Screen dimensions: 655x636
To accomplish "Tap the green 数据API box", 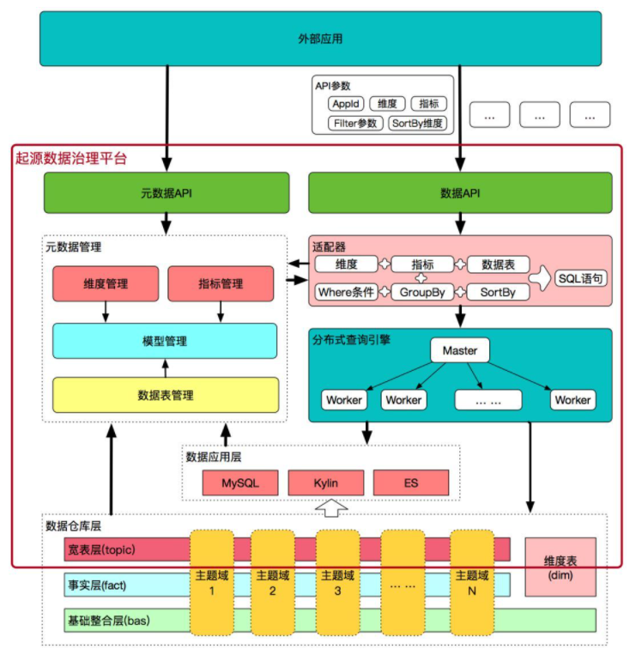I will [x=460, y=193].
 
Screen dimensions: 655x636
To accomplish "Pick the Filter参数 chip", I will [x=355, y=123].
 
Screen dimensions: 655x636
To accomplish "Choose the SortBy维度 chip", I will [x=417, y=123].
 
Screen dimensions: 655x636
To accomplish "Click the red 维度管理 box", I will [x=106, y=284].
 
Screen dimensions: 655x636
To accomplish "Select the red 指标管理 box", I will [x=221, y=284].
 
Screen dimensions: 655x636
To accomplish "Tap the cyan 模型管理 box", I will [x=166, y=340].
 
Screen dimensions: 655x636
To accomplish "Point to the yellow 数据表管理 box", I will [x=166, y=395].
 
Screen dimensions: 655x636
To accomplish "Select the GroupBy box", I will [x=421, y=292].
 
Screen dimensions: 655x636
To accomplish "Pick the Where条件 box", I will [x=346, y=292].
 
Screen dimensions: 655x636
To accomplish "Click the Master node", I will [x=460, y=350].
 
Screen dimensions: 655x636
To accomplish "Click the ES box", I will [x=411, y=483].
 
